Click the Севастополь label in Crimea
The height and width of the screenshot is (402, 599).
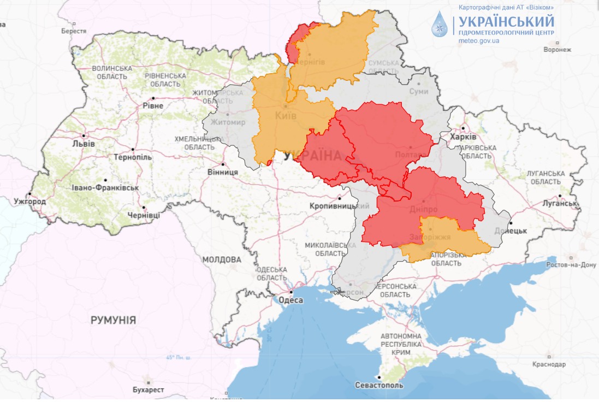[379, 385]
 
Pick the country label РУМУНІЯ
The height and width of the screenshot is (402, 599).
[113, 320]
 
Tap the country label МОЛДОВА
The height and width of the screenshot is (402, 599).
[221, 259]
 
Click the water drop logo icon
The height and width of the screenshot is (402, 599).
[440, 25]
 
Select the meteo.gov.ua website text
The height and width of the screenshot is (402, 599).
[479, 40]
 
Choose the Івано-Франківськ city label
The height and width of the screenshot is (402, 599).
[105, 188]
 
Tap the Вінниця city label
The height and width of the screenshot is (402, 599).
[223, 172]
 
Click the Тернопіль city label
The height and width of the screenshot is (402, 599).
[133, 157]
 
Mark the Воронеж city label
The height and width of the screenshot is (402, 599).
[557, 50]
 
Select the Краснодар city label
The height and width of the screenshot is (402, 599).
[549, 364]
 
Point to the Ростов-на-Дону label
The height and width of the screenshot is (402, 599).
[572, 265]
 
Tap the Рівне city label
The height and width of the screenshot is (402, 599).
[152, 105]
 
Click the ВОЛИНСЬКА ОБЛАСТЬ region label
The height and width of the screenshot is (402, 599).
[112, 73]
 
